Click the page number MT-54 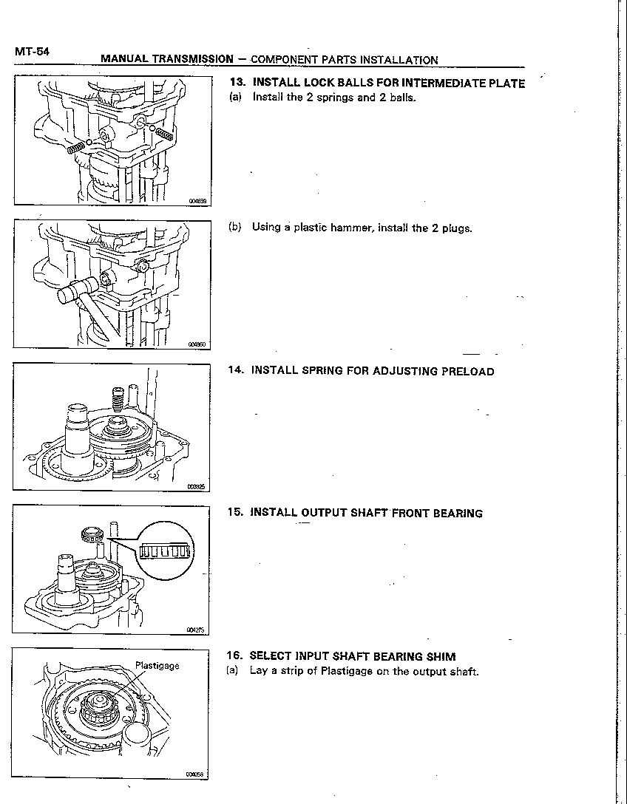click(x=31, y=52)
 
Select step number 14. click(x=236, y=371)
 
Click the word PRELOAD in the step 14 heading click(x=467, y=371)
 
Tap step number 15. click(x=236, y=513)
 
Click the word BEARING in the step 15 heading click(x=458, y=513)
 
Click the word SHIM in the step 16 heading click(x=441, y=656)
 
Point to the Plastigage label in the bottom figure click(x=157, y=666)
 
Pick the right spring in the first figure click(x=165, y=133)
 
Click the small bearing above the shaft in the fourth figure click(x=92, y=534)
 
